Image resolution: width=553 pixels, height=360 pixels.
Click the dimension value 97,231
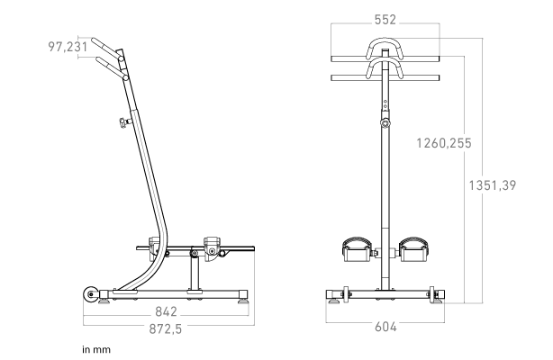[68, 47]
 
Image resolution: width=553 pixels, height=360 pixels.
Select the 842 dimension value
[166, 311]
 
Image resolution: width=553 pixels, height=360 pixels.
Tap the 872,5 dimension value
[166, 329]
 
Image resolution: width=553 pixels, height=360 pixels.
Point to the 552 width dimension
[385, 20]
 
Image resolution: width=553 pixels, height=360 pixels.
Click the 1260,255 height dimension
[444, 143]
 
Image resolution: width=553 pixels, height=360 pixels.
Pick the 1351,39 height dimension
[493, 185]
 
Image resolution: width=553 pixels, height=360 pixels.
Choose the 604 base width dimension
[385, 327]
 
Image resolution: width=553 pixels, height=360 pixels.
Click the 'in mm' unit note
[96, 350]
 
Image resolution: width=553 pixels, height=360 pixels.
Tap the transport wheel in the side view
[91, 294]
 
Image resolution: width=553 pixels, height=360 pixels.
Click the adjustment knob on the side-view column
[123, 122]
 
